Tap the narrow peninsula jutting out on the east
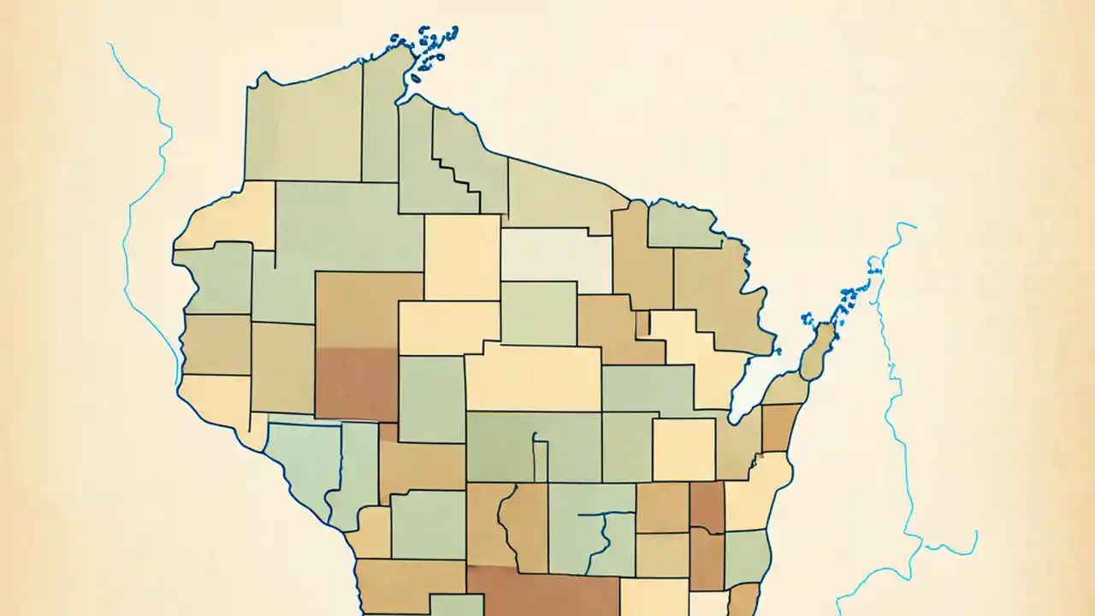click(818, 351)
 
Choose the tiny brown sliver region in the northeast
click(642, 323)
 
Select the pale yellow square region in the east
click(684, 449)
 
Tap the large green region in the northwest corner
click(304, 128)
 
